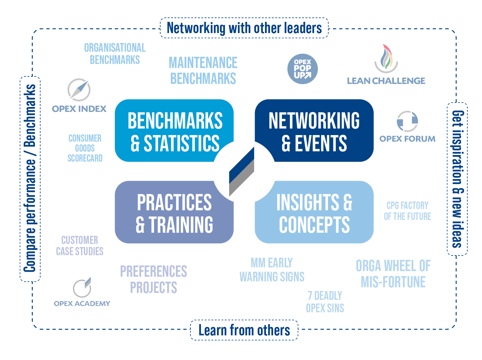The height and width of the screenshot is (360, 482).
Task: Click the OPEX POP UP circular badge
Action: click(x=302, y=69)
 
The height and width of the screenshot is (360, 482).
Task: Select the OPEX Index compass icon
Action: click(x=79, y=90)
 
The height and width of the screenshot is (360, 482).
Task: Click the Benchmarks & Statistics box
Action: click(x=174, y=130)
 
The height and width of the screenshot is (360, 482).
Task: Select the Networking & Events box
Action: click(x=314, y=130)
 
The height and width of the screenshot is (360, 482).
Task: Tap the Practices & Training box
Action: click(x=174, y=212)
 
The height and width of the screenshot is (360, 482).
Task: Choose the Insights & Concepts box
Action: click(x=314, y=212)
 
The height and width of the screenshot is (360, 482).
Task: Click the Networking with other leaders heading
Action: click(x=244, y=28)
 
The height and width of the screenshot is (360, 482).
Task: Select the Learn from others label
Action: click(x=244, y=330)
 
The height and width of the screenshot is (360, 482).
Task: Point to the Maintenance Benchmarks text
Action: click(x=203, y=70)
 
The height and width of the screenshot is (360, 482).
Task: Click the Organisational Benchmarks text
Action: click(x=115, y=54)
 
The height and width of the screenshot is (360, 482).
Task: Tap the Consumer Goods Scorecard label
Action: click(x=85, y=148)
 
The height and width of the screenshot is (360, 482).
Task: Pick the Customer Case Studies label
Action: click(x=80, y=246)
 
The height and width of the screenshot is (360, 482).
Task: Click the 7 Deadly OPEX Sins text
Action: click(x=325, y=302)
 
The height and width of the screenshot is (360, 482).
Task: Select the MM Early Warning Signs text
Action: click(x=272, y=270)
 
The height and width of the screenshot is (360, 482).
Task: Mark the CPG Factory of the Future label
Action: click(x=407, y=211)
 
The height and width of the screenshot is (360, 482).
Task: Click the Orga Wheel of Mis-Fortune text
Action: click(x=393, y=274)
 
